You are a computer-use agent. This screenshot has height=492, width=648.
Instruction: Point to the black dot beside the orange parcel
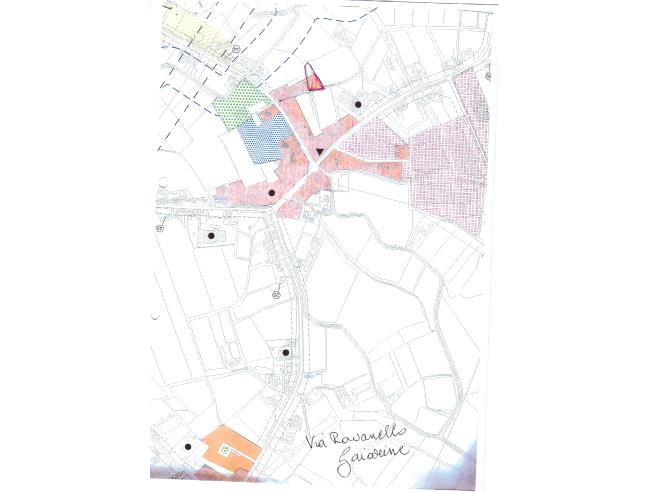coord(187,447)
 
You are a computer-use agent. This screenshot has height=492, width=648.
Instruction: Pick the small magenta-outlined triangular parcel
coord(313,79)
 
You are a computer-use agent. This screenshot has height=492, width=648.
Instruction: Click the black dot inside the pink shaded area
coord(272,191)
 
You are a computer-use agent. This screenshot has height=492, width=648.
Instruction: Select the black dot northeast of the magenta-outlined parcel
coord(357,104)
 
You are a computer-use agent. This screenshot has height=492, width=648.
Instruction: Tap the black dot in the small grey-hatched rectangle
coord(211,236)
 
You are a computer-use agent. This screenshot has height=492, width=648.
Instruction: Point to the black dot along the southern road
coord(286,352)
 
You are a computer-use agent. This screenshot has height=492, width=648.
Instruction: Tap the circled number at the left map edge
coord(159,228)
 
